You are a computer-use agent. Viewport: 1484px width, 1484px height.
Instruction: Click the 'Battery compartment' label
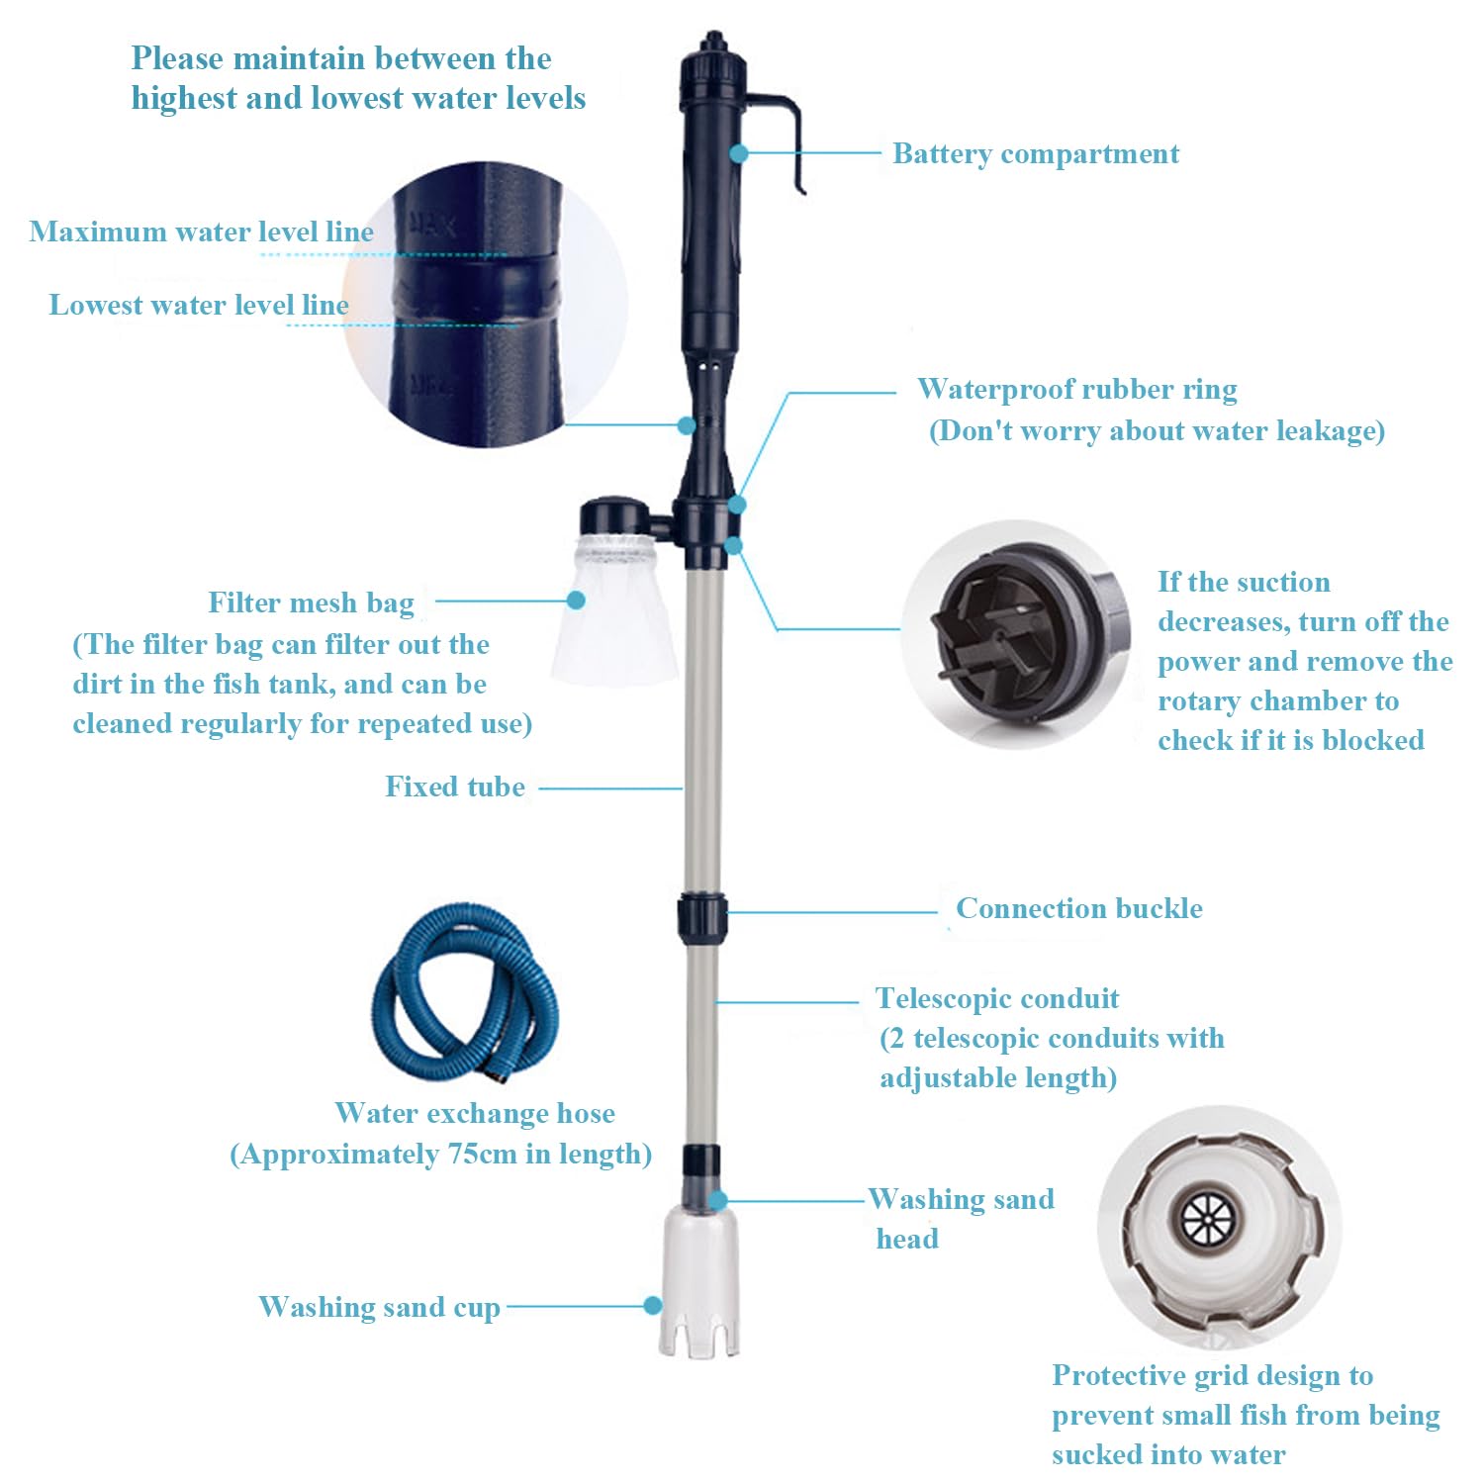tap(1035, 154)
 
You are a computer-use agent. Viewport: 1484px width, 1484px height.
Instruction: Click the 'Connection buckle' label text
tap(1078, 908)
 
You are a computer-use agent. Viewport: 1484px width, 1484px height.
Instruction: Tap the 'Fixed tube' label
tap(455, 787)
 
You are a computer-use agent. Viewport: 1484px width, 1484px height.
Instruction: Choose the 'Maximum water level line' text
tap(202, 232)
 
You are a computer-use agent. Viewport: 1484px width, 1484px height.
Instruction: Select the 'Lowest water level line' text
tap(199, 305)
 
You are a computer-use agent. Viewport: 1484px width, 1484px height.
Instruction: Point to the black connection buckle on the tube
tap(701, 917)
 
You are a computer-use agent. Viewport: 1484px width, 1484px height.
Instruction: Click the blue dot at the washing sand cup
tap(653, 1306)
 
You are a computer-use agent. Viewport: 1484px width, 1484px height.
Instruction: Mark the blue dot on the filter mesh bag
tap(577, 600)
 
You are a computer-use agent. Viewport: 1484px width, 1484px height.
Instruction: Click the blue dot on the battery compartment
tap(739, 153)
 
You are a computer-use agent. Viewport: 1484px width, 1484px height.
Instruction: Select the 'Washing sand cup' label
tap(379, 1307)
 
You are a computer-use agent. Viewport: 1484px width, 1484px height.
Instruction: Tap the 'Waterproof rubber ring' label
tap(1076, 390)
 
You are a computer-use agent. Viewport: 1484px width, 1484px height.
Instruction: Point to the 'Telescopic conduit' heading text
tap(997, 998)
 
